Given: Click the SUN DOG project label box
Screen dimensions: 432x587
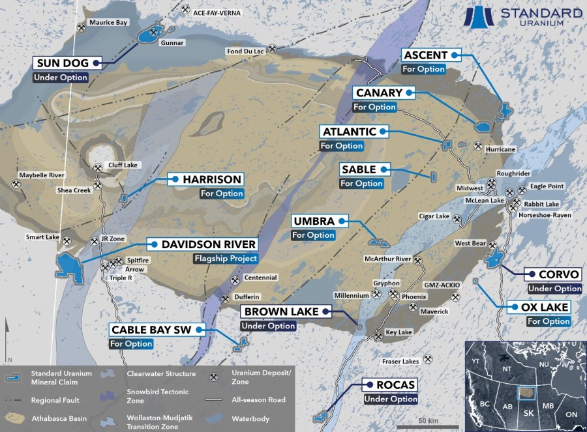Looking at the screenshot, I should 69,63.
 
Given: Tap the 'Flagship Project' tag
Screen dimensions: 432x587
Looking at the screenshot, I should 224,259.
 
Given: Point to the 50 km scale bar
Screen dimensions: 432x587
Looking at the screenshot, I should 428,425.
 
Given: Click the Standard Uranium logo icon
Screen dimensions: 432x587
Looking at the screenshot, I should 481,17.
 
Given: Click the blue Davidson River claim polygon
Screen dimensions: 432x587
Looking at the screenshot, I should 70,266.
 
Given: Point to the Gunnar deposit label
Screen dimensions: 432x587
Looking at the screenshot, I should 176,43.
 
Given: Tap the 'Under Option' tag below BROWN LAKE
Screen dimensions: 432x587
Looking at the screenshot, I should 268,326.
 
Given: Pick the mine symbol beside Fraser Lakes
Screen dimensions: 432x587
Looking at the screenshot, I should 429,358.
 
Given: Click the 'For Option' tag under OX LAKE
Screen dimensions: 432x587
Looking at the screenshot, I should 549,321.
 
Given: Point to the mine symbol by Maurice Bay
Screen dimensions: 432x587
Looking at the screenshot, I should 82,27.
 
